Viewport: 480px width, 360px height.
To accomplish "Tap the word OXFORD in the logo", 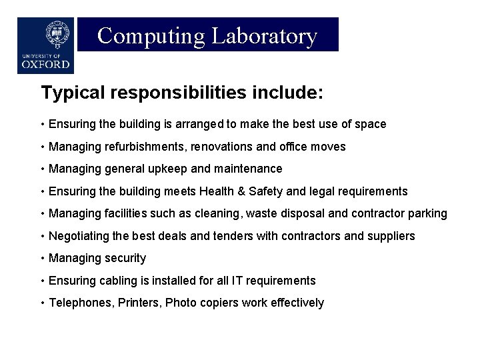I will (x=45, y=65).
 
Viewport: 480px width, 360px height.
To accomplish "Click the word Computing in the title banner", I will (x=151, y=35).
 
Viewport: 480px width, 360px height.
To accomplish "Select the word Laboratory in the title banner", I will (x=265, y=35).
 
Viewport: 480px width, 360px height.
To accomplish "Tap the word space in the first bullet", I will (x=371, y=124).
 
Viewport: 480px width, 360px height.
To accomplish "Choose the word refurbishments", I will (x=140, y=146).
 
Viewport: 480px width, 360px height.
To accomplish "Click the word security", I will (x=125, y=258).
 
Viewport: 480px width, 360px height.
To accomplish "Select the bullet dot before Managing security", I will (x=42, y=258).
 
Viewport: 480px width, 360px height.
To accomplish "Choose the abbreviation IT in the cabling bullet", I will (x=241, y=281).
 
